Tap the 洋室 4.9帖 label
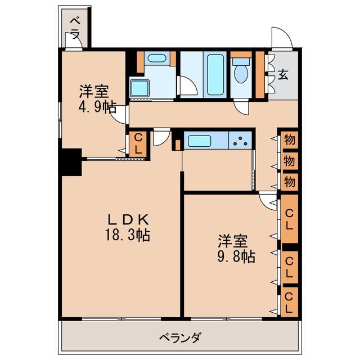[x=93, y=99]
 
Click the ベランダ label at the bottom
[x=179, y=338]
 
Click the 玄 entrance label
[x=282, y=75]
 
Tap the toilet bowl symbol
[x=242, y=73]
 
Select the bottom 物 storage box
[x=290, y=181]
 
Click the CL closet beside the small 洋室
[x=138, y=143]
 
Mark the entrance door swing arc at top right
[x=281, y=38]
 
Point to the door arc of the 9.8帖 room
[x=268, y=200]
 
